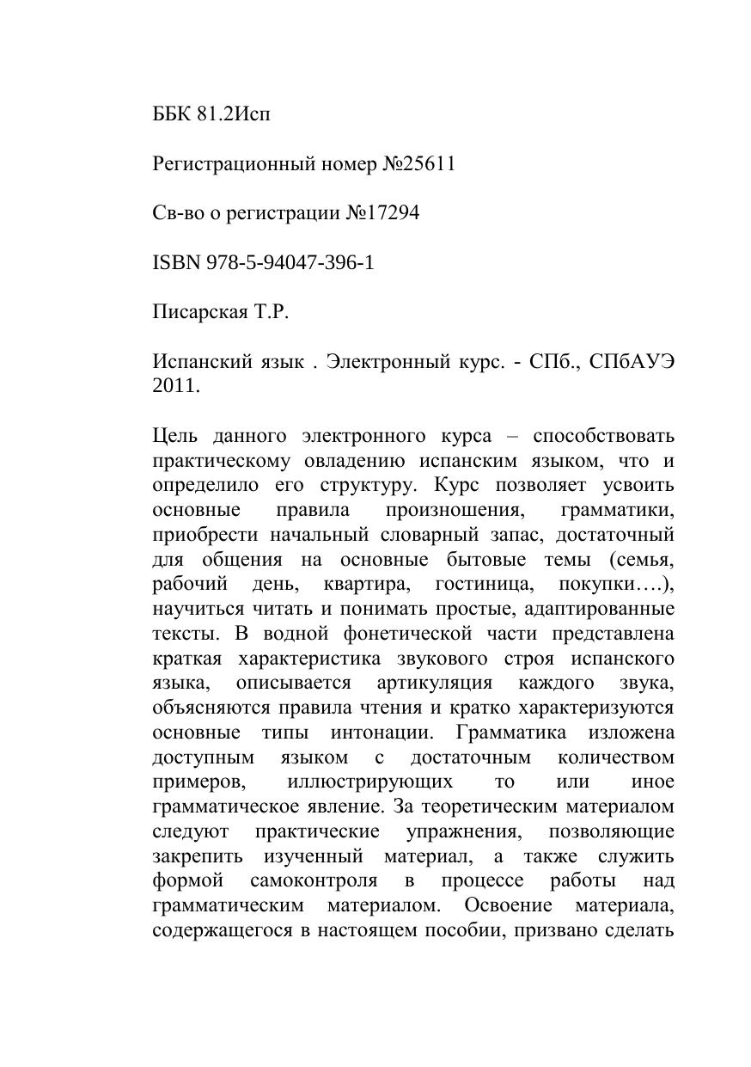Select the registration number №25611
point(418,163)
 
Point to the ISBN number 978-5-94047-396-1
point(290,262)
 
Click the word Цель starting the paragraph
point(175,435)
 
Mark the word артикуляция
point(435,683)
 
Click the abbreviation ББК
point(171,113)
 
